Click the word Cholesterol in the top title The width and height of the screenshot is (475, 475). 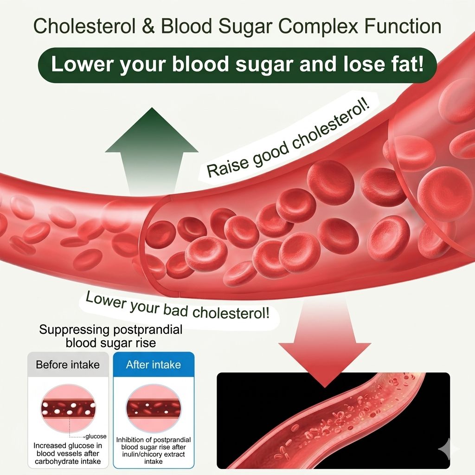coord(84,26)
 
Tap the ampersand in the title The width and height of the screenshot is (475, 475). coord(148,26)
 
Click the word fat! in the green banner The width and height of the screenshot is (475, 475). coord(403,64)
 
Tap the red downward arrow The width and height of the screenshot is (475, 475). coord(325,342)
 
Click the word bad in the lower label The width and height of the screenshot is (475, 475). coord(176,309)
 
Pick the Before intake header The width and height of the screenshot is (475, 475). coord(68,365)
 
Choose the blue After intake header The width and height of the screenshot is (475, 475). coord(153,365)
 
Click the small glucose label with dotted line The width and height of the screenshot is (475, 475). coord(96,436)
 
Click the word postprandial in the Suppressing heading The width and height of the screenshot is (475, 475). coord(148,330)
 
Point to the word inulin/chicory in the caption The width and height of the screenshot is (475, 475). coord(142,455)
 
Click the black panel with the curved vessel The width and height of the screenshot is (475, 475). coord(333,420)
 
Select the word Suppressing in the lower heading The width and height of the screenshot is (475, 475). coord(74,330)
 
